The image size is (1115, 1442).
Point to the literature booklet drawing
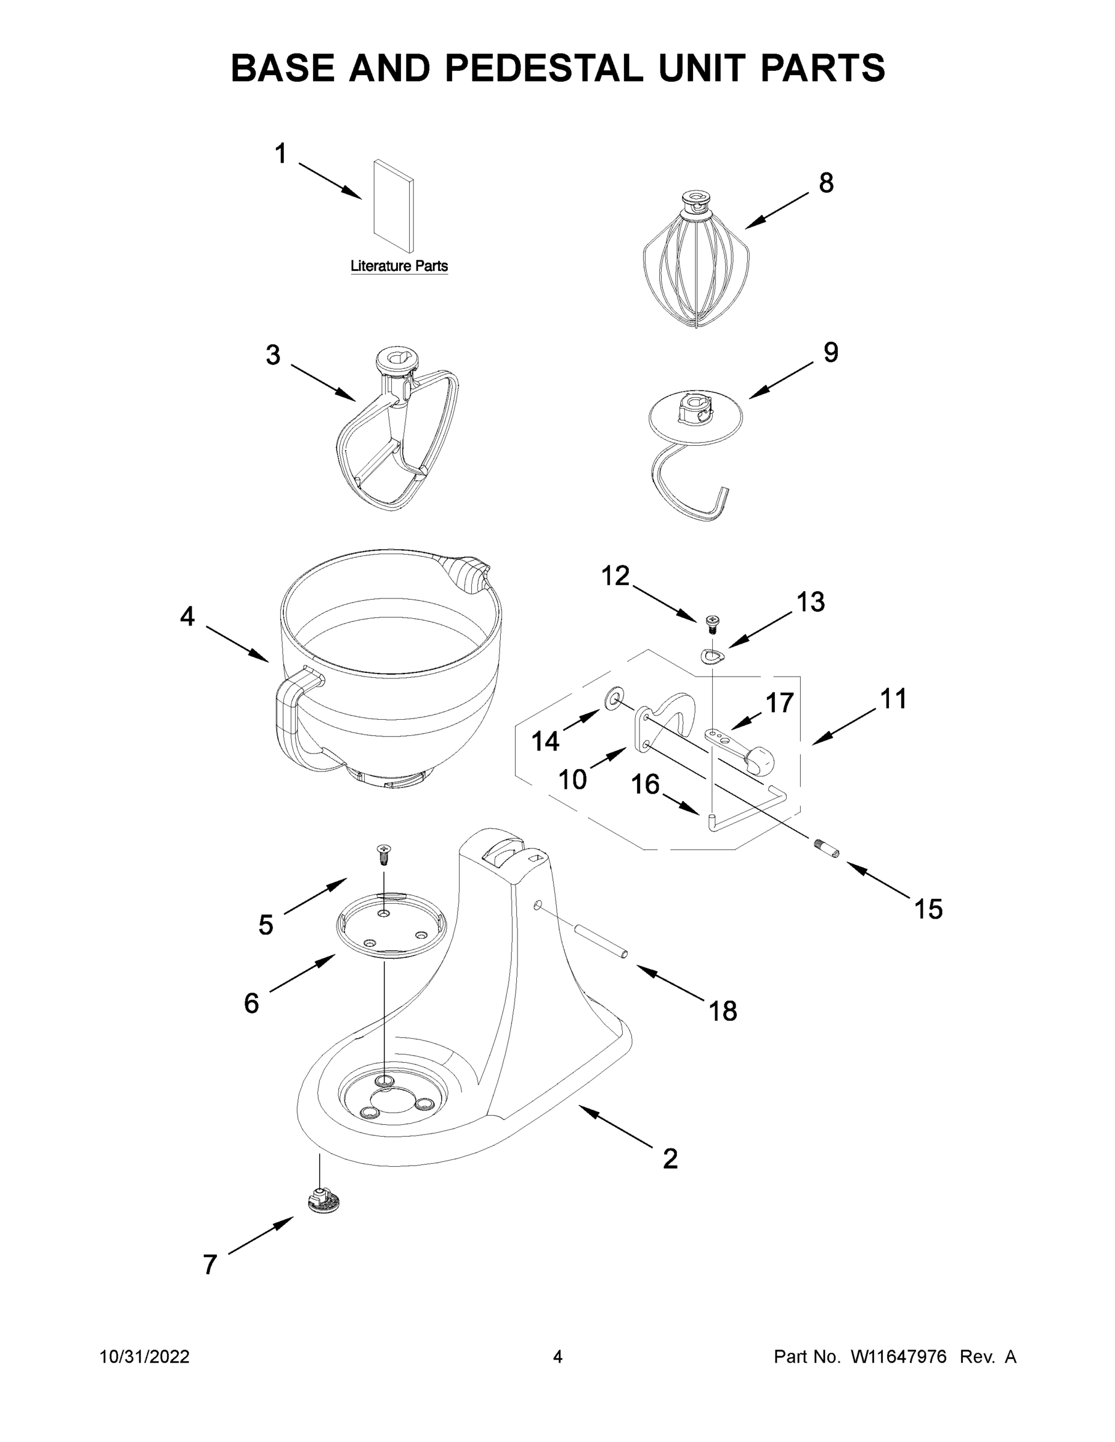pyautogui.click(x=394, y=206)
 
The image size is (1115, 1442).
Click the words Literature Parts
pyautogui.click(x=399, y=266)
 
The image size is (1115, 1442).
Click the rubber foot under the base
pyautogui.click(x=323, y=1200)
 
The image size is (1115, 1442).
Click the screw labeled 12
pyautogui.click(x=713, y=621)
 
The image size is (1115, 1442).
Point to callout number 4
pyautogui.click(x=188, y=616)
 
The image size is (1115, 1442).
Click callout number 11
pyautogui.click(x=893, y=699)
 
